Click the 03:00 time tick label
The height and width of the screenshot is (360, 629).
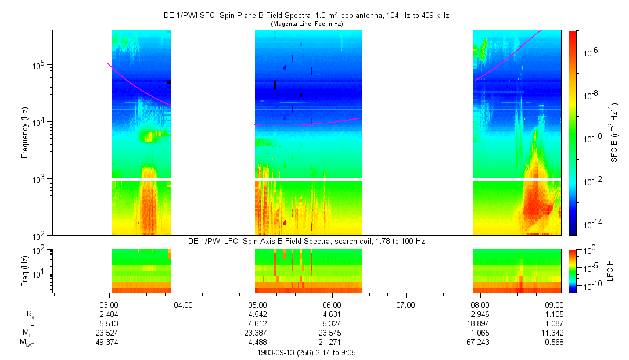point(109,304)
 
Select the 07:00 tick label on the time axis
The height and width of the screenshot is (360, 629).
point(405,304)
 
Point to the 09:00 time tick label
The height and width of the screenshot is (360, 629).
point(554,304)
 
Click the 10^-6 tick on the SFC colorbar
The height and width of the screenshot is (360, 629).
point(590,52)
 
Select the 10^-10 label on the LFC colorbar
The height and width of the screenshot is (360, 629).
point(590,286)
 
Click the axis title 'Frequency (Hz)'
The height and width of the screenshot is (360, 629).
point(25,132)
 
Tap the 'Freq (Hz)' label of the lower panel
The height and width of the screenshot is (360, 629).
point(25,270)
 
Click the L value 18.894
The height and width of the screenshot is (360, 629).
point(480,323)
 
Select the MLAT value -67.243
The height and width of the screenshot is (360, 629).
point(480,343)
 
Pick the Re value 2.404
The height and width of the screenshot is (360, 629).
point(109,314)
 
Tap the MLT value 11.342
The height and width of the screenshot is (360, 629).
point(554,333)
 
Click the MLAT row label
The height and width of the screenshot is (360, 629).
point(26,343)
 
